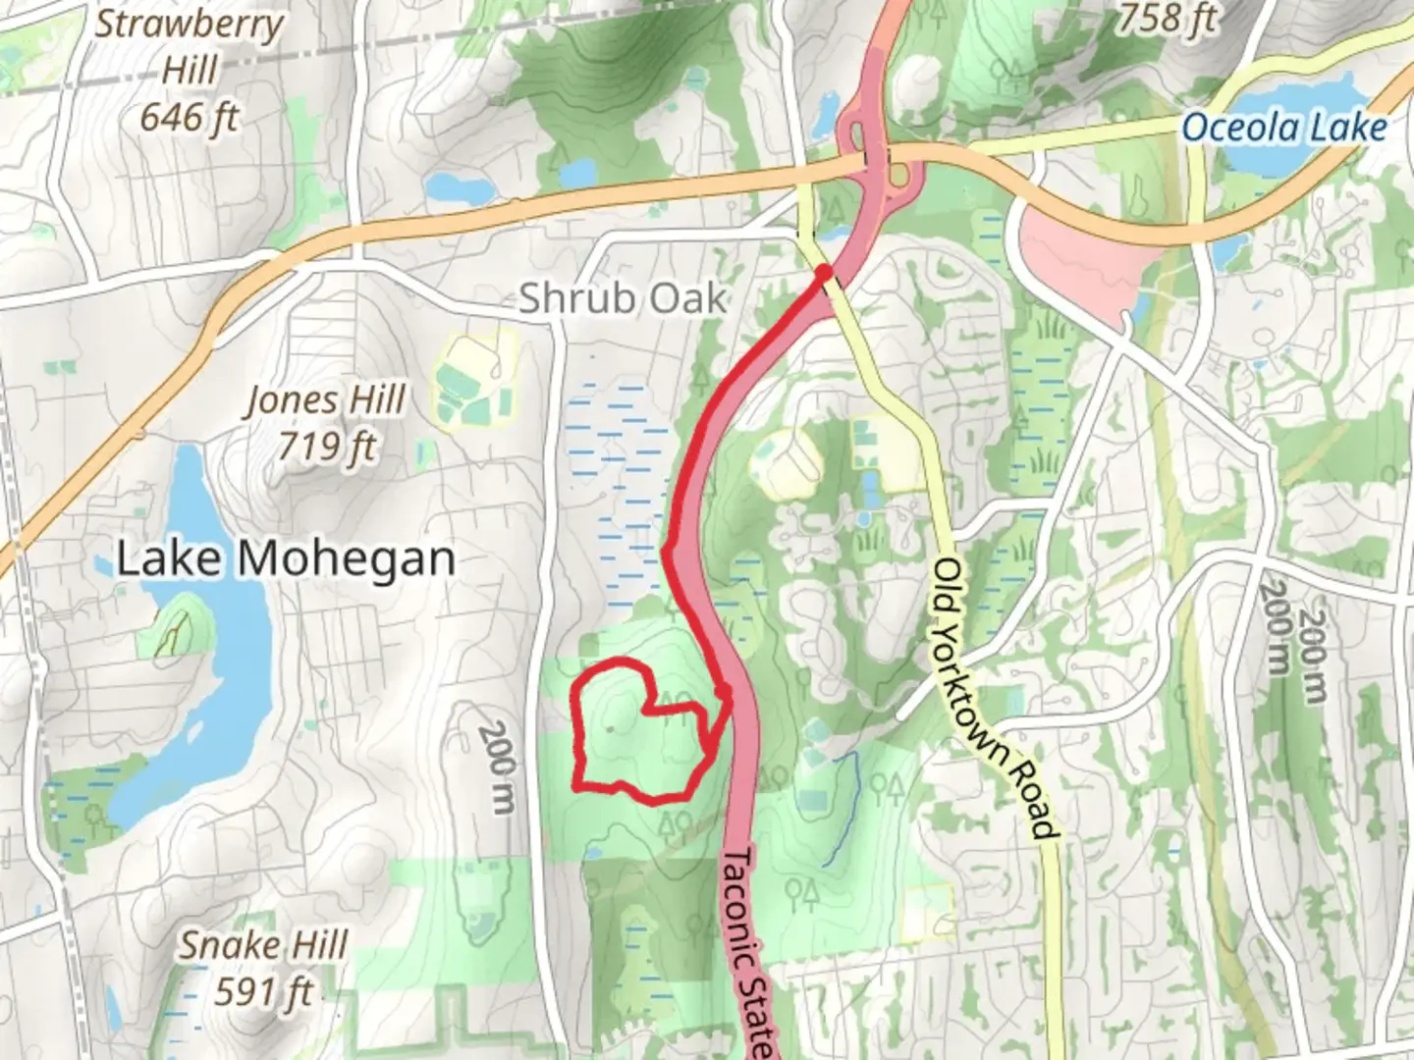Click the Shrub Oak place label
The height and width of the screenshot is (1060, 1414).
click(x=623, y=298)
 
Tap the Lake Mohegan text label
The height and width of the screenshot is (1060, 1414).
click(x=286, y=559)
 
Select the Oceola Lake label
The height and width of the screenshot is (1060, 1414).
click(x=1283, y=128)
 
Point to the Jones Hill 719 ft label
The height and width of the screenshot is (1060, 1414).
click(x=325, y=423)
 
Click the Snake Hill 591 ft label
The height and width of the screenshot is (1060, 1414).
click(x=263, y=968)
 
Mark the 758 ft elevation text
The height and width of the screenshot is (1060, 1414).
click(x=1166, y=18)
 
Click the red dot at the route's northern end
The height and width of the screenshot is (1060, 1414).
click(x=825, y=271)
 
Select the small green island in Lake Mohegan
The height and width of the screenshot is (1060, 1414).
click(x=177, y=628)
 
